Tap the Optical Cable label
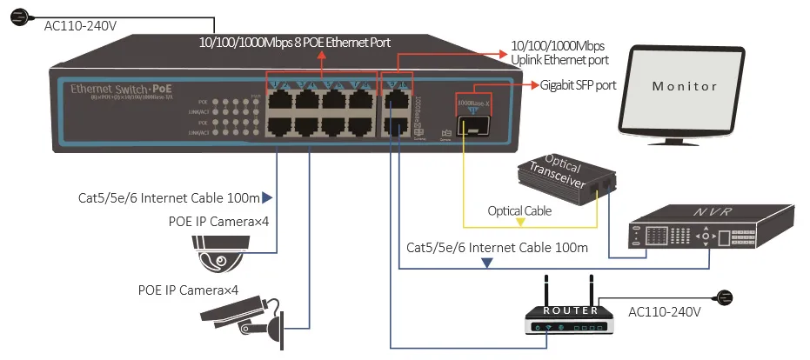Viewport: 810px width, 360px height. pos(519,210)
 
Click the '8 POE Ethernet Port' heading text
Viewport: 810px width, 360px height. pos(296,43)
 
